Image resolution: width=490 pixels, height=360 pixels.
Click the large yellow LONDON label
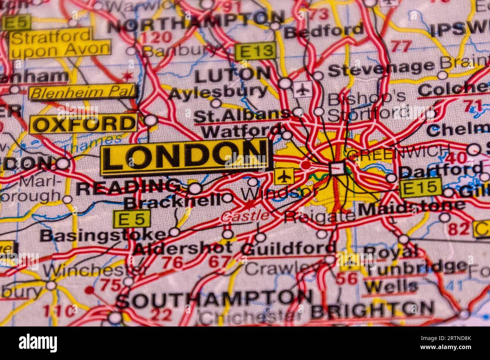(184, 157)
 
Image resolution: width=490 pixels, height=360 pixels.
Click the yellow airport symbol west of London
(284, 176)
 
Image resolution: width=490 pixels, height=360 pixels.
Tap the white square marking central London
(337, 168)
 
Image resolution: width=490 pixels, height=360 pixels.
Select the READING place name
(128, 187)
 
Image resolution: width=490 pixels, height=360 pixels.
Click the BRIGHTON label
(372, 310)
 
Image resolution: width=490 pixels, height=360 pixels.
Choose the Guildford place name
(289, 248)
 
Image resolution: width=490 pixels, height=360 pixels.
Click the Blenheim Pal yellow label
(83, 92)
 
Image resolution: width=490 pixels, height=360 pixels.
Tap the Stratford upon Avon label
(60, 43)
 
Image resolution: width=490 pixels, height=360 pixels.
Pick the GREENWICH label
(398, 152)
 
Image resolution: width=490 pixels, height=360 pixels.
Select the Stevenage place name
(381, 68)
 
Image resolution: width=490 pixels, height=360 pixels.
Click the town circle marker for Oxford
(151, 121)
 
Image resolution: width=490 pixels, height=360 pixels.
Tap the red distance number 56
(346, 278)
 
